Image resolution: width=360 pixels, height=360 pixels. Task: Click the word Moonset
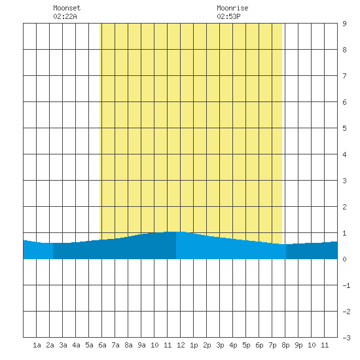pyautogui.click(x=67, y=8)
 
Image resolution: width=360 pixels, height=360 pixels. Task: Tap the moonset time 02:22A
pyautogui.click(x=65, y=16)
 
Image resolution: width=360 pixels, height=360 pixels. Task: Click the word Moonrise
pyautogui.click(x=232, y=8)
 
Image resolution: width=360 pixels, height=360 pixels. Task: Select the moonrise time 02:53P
pyautogui.click(x=228, y=16)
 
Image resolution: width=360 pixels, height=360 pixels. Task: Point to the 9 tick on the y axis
pyautogui.click(x=344, y=24)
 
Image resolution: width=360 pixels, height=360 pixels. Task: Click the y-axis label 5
pyautogui.click(x=344, y=128)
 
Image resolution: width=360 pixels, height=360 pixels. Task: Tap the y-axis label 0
pyautogui.click(x=344, y=259)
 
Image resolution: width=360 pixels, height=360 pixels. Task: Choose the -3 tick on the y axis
pyautogui.click(x=346, y=338)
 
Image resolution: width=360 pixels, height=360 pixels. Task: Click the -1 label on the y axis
pyautogui.click(x=346, y=285)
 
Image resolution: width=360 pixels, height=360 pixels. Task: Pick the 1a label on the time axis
pyautogui.click(x=37, y=345)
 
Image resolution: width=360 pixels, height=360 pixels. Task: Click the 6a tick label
pyautogui.click(x=102, y=345)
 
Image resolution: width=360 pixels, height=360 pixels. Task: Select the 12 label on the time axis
pyautogui.click(x=181, y=345)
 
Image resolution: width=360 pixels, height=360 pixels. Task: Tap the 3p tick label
pyautogui.click(x=220, y=345)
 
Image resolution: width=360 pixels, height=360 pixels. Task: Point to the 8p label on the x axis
pyautogui.click(x=285, y=345)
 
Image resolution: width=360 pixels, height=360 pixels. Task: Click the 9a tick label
pyautogui.click(x=141, y=345)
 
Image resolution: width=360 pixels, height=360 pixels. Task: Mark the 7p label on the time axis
pyautogui.click(x=272, y=345)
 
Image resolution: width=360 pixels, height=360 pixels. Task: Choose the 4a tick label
pyautogui.click(x=76, y=345)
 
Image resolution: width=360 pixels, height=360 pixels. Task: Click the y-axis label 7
pyautogui.click(x=344, y=76)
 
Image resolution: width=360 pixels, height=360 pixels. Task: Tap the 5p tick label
pyautogui.click(x=246, y=345)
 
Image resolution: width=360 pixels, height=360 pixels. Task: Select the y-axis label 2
pyautogui.click(x=344, y=207)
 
